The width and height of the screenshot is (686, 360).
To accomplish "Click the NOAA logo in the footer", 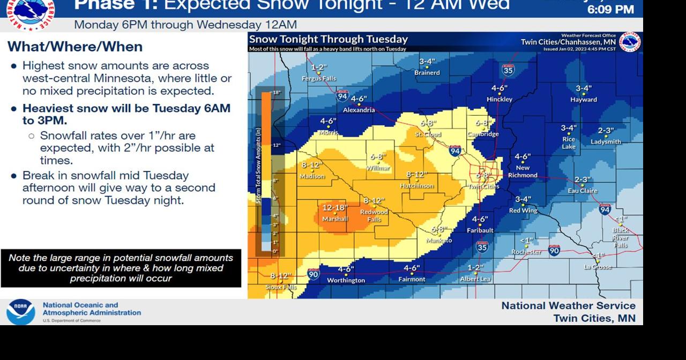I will pos(21,311).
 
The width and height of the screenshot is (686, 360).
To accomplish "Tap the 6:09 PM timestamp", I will pos(610,10).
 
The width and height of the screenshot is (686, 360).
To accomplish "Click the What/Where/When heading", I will pos(75,47).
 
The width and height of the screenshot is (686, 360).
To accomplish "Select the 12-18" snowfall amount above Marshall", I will pos(335,208).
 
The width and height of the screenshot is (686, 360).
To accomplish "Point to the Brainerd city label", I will pos(427,73).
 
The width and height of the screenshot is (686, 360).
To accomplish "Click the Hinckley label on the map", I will pos(499,99).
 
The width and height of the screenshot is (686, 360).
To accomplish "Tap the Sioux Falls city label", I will pos(281,288).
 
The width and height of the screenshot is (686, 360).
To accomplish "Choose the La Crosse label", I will pos(598,267).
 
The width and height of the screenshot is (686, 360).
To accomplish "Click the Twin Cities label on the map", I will pos(483,186).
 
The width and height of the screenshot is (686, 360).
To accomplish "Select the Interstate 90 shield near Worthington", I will pos(314,275).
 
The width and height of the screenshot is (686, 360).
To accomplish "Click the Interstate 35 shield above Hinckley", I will pos(508,69).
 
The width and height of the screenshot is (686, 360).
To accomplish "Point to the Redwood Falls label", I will pos(374,215).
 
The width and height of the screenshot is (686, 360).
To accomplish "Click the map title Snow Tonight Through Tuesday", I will pos(329,39).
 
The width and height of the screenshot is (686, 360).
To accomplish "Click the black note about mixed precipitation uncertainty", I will pos(121,268).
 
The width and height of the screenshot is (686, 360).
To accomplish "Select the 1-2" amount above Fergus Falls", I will pos(319,67).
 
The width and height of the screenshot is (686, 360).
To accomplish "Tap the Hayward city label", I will pos(584,100).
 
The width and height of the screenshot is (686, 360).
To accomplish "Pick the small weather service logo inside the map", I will pos(630,42).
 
